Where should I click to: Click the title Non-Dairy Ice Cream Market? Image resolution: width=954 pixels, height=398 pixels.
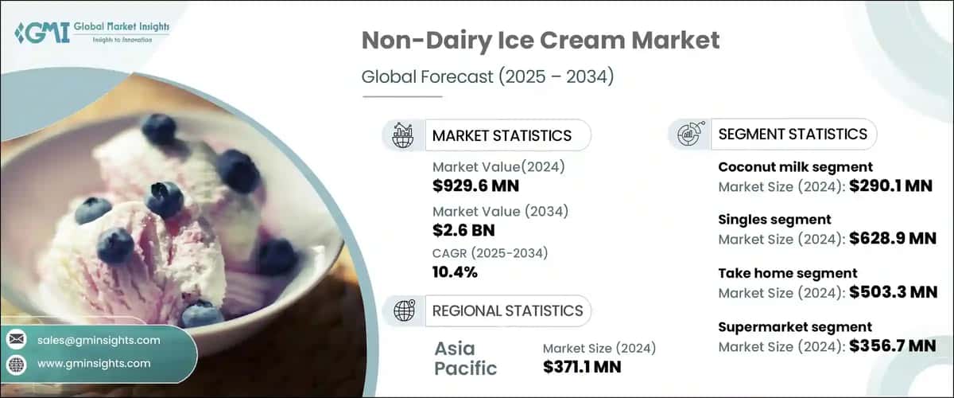[x=541, y=41]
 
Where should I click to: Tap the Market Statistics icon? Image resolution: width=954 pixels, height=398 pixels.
[x=404, y=135]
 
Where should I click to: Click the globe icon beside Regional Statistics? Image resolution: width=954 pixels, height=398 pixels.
[x=404, y=310]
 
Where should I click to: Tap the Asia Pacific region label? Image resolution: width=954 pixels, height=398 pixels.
[x=466, y=358]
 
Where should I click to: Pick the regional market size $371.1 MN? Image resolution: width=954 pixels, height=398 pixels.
[x=581, y=367]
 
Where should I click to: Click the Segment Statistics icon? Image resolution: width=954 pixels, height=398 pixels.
[x=688, y=134]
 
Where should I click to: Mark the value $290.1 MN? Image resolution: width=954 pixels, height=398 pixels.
[x=891, y=187]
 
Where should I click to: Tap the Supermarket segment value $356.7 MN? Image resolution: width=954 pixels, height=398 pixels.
[x=891, y=345]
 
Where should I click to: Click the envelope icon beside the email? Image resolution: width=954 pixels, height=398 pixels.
[x=16, y=340]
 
